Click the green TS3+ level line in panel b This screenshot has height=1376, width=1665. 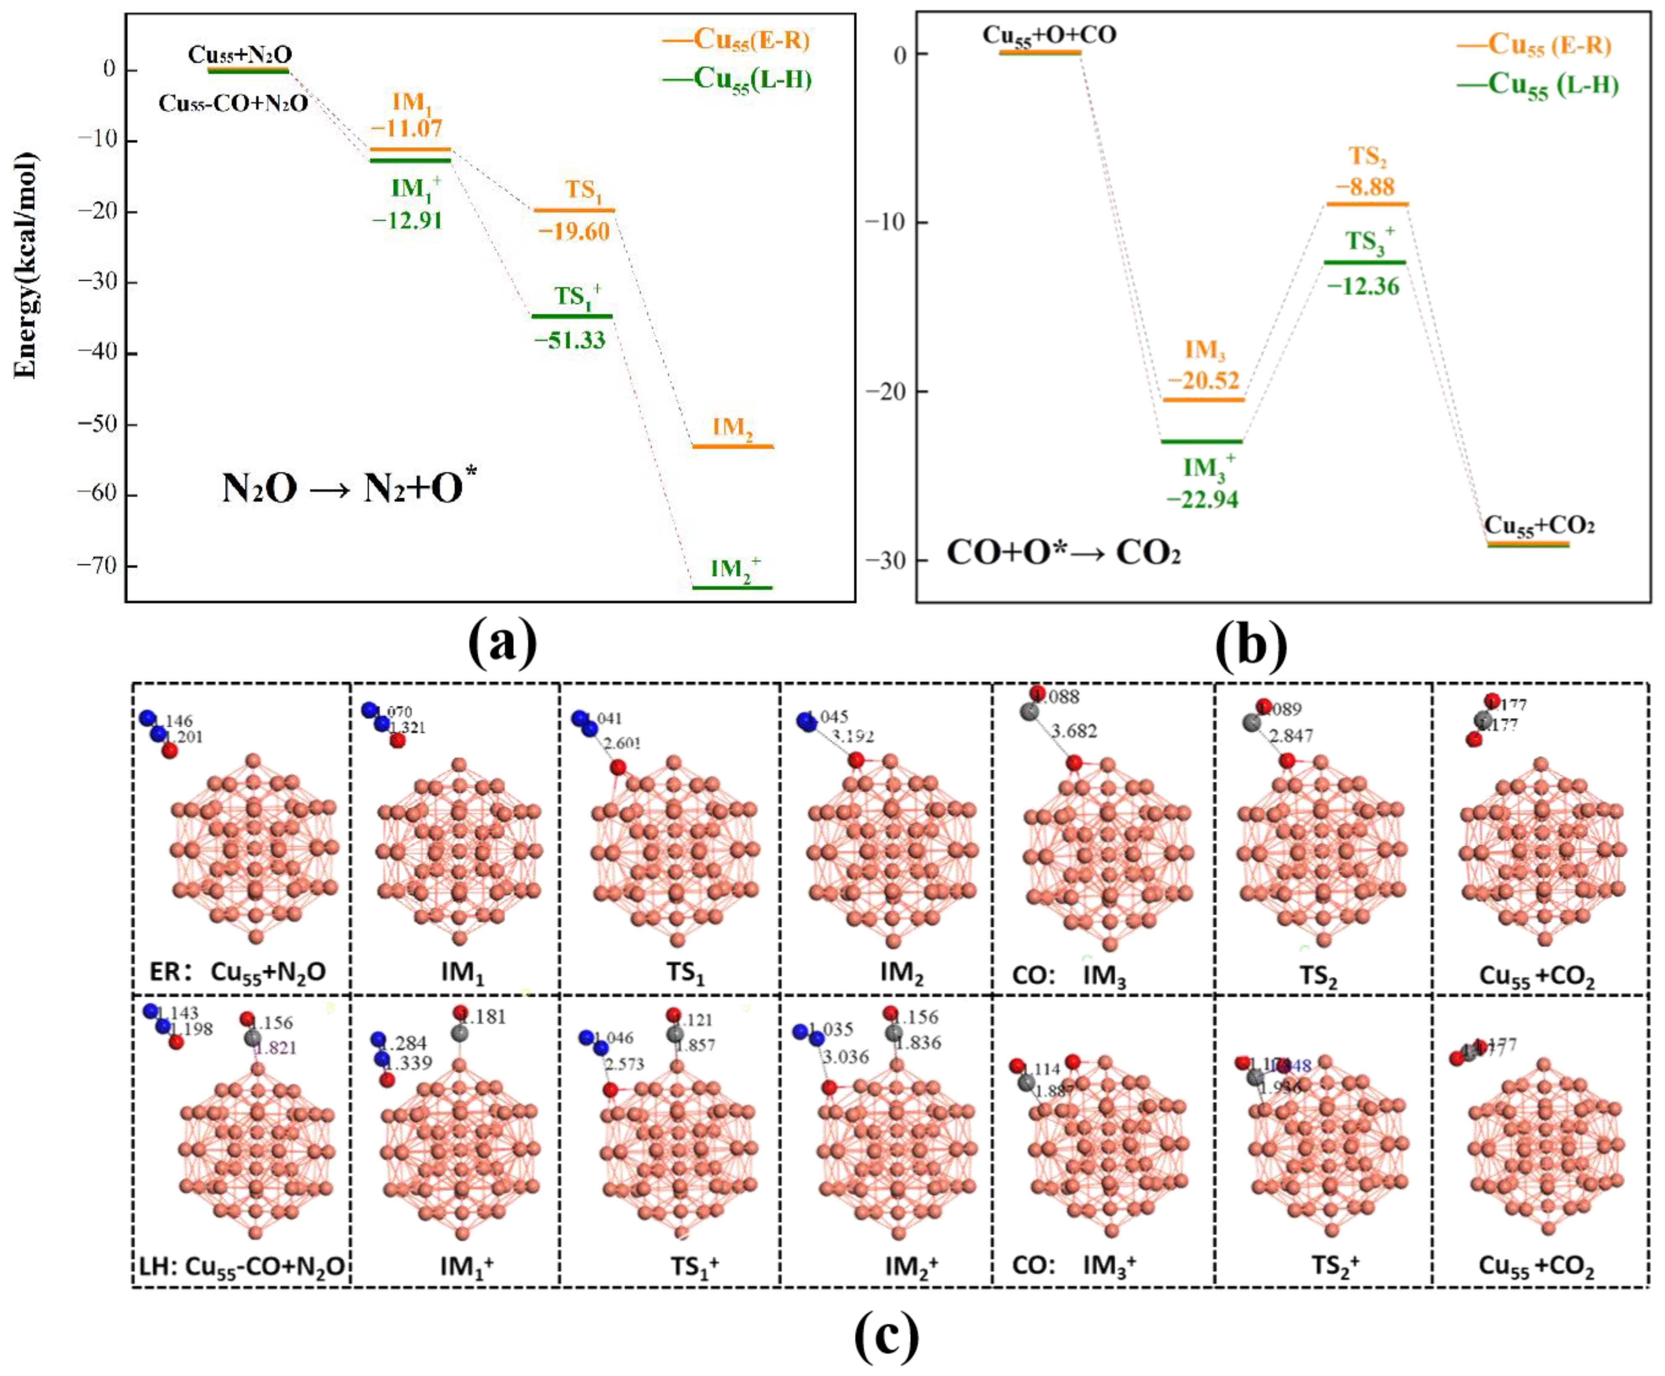pyautogui.click(x=1364, y=262)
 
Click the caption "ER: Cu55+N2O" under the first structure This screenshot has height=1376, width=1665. pyautogui.click(x=238, y=972)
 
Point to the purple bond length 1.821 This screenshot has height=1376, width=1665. pyautogui.click(x=275, y=1048)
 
